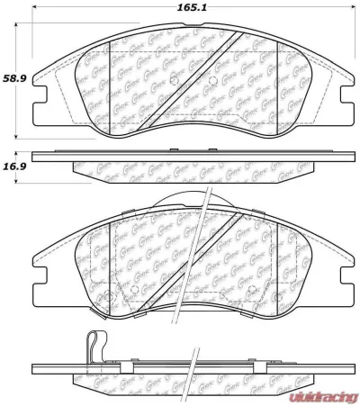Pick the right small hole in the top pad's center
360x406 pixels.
tap(210, 86)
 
